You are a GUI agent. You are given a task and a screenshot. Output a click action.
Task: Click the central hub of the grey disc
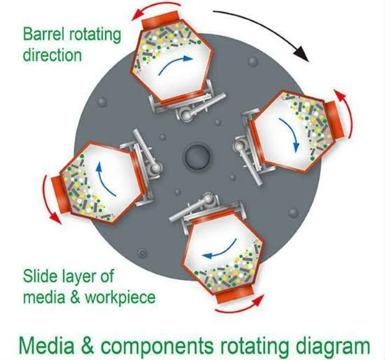click(197, 156)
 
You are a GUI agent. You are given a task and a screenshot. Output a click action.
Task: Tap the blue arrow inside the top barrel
click(174, 63)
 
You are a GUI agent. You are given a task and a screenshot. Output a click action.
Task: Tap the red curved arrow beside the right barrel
click(344, 113)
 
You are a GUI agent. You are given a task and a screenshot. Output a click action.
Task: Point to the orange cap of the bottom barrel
click(234, 293)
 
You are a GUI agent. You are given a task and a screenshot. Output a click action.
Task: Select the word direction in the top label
click(52, 54)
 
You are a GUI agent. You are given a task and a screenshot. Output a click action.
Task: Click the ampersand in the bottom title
click(87, 345)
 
